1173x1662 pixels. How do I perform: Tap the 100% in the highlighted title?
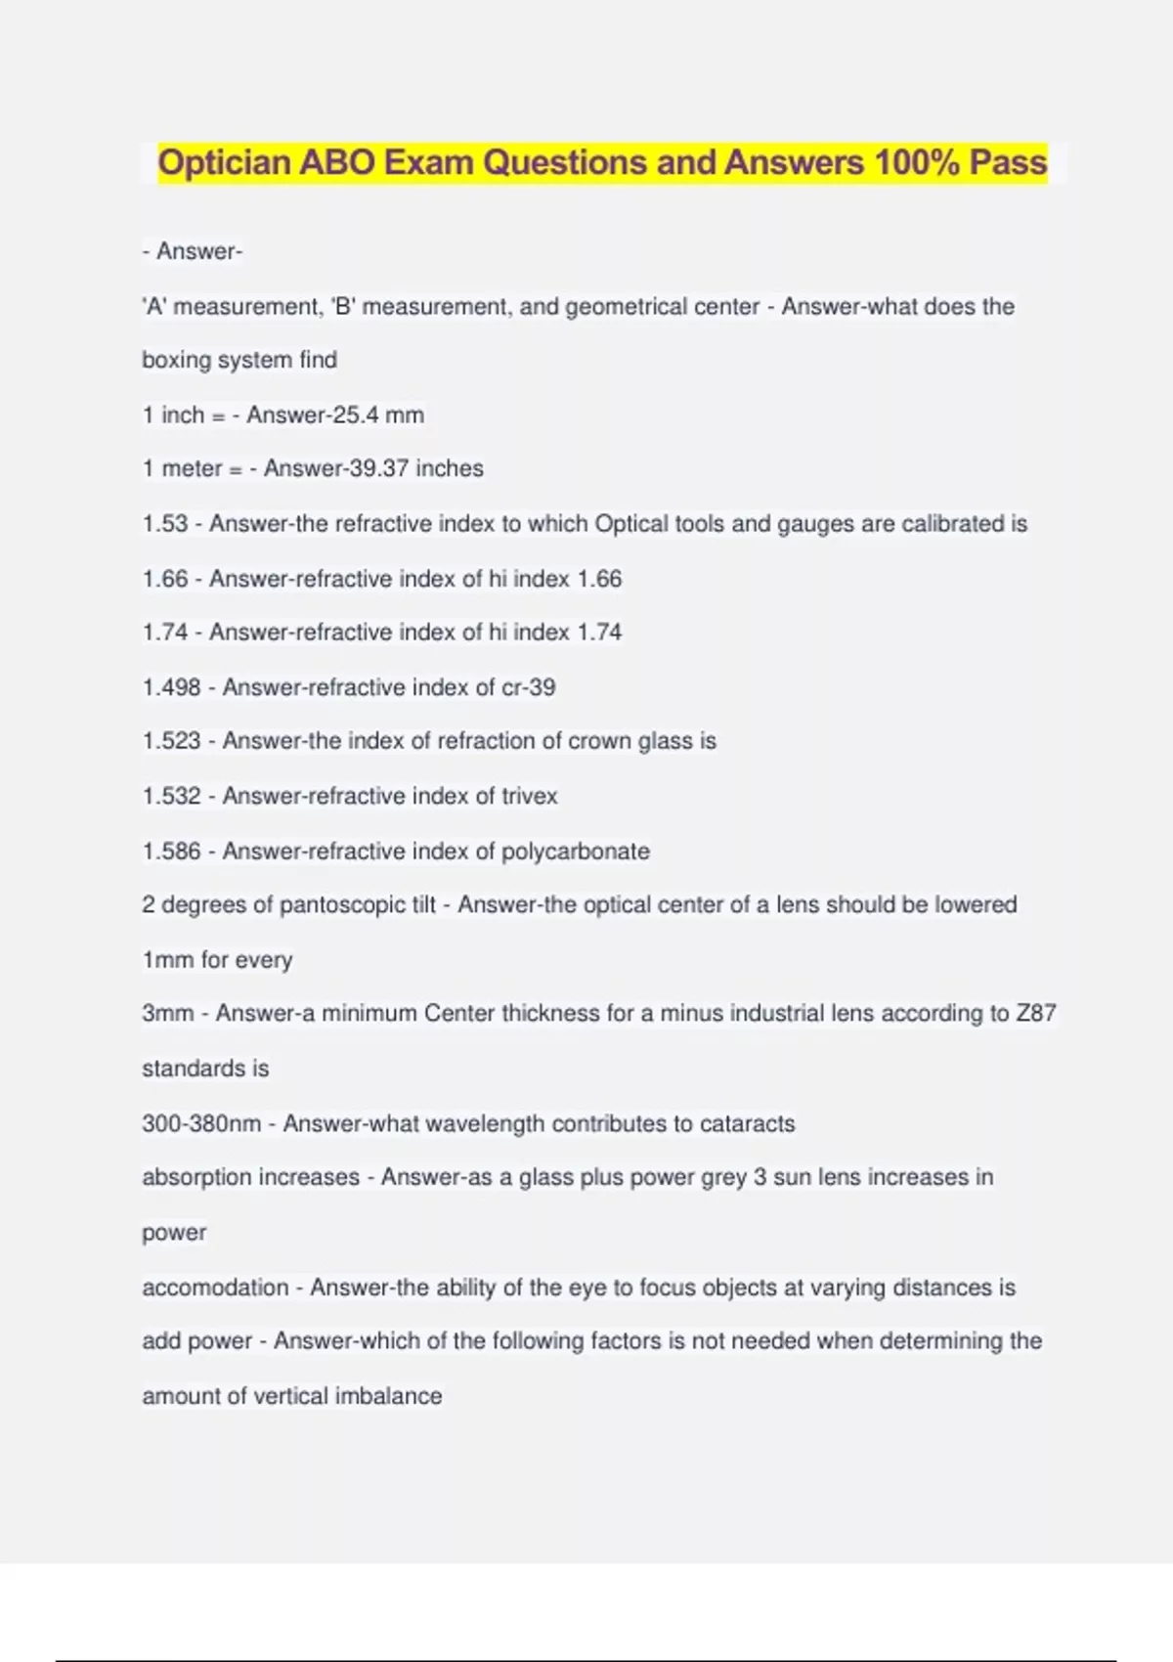tap(917, 162)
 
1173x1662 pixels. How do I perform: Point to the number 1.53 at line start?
tap(164, 524)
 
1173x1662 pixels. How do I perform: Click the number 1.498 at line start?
tap(171, 687)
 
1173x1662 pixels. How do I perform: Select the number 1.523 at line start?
tap(171, 741)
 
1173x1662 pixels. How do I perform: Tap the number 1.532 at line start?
tap(171, 796)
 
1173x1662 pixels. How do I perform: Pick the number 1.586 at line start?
tap(171, 852)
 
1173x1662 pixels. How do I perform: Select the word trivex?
tap(529, 796)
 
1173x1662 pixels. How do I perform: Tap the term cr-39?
tap(528, 687)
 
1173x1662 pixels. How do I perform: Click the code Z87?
tap(1036, 1014)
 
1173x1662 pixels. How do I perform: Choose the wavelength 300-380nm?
tap(201, 1123)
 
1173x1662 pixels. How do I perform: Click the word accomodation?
tap(215, 1288)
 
